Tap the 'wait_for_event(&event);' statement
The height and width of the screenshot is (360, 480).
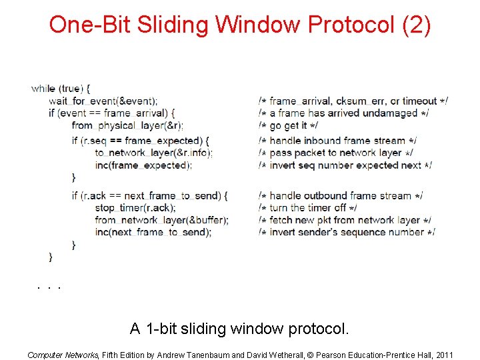tap(103, 101)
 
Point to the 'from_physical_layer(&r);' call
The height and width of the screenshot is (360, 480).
tap(127, 125)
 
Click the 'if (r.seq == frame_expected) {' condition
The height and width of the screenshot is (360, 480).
tap(141, 141)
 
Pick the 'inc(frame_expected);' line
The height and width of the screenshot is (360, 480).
tap(143, 165)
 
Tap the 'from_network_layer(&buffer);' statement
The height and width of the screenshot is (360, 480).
tap(162, 220)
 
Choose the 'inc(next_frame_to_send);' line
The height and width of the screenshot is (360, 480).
tap(153, 232)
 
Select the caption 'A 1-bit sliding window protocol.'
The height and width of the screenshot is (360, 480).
tap(239, 329)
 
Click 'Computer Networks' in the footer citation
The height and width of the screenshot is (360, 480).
tap(63, 355)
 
